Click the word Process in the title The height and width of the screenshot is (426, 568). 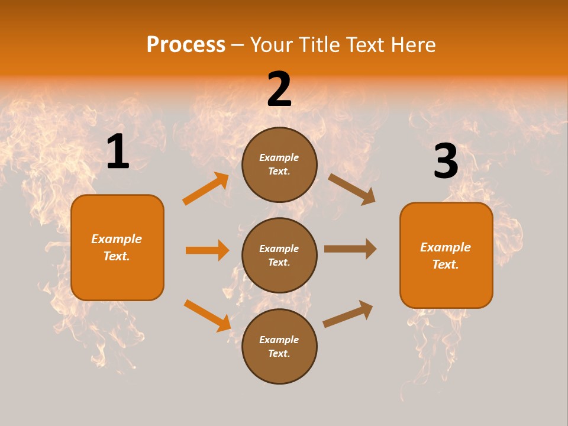[186, 45]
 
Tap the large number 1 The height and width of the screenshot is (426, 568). [118, 152]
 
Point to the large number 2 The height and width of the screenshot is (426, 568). [279, 89]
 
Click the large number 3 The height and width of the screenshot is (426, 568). [446, 162]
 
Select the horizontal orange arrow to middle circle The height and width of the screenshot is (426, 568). [207, 250]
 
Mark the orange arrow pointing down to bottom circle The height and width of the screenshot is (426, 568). [208, 315]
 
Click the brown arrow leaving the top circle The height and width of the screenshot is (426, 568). [352, 189]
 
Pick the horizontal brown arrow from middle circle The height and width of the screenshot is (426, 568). [350, 249]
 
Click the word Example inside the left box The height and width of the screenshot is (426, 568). [117, 239]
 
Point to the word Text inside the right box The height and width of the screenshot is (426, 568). [446, 264]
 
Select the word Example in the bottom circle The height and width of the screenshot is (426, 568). [279, 340]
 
